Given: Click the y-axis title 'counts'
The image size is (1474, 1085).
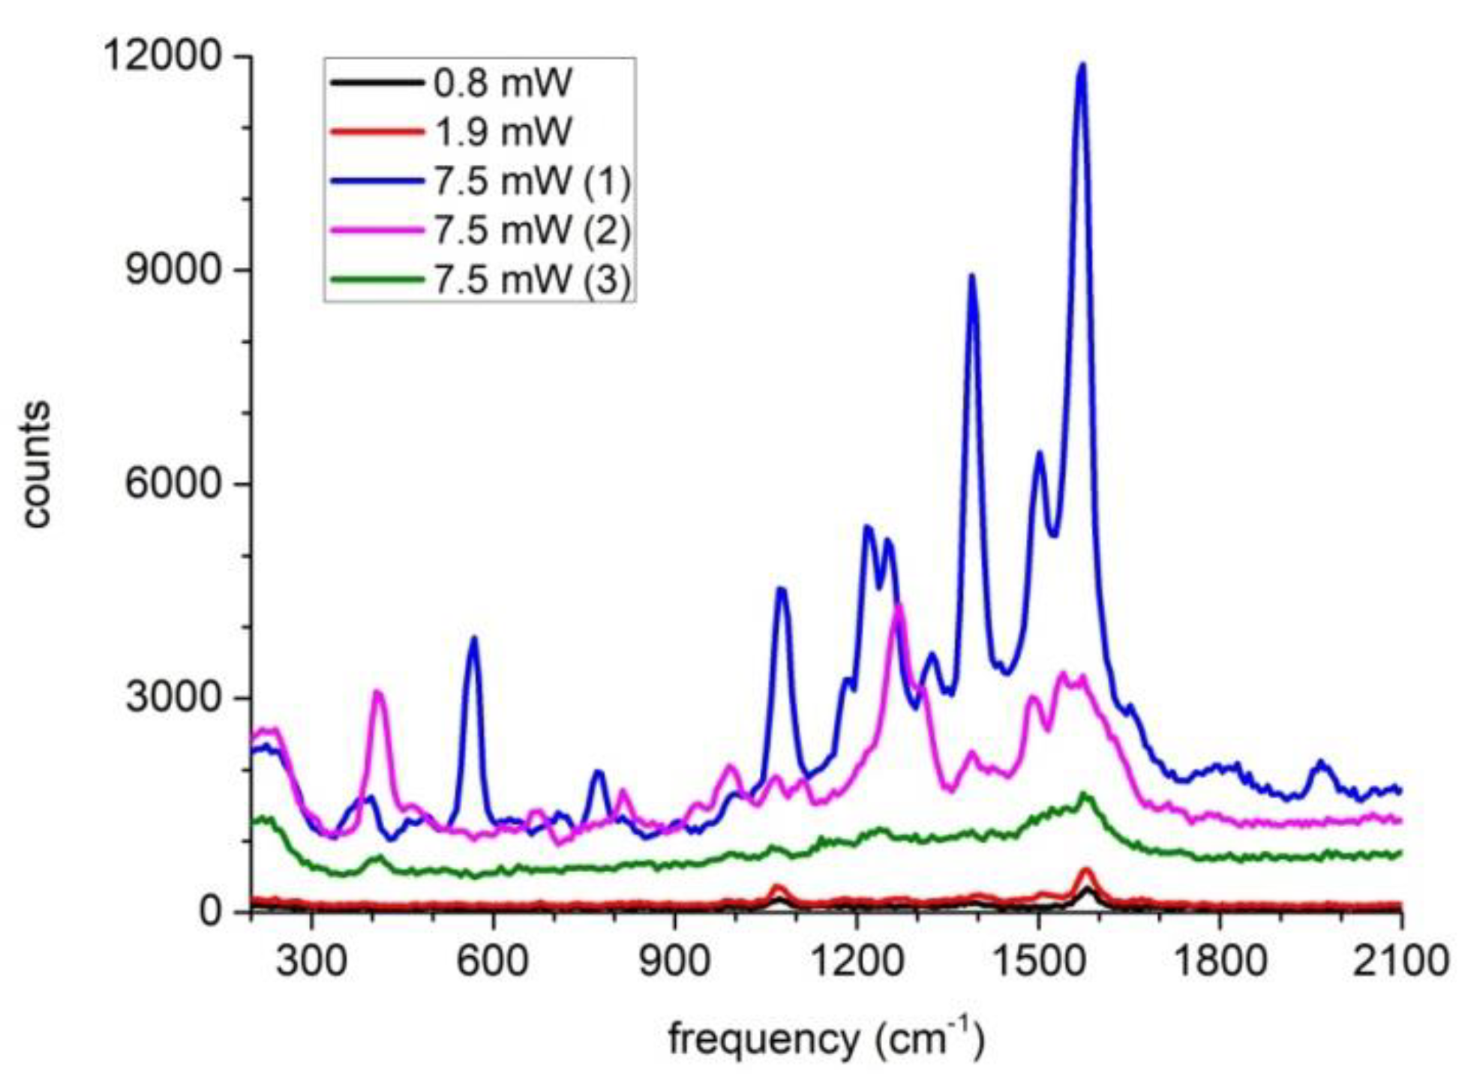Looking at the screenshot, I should [x=35, y=465].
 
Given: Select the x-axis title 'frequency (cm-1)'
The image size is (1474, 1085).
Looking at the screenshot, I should [x=825, y=1039].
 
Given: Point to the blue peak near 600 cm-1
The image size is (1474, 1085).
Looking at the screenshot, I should [x=473, y=639].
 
